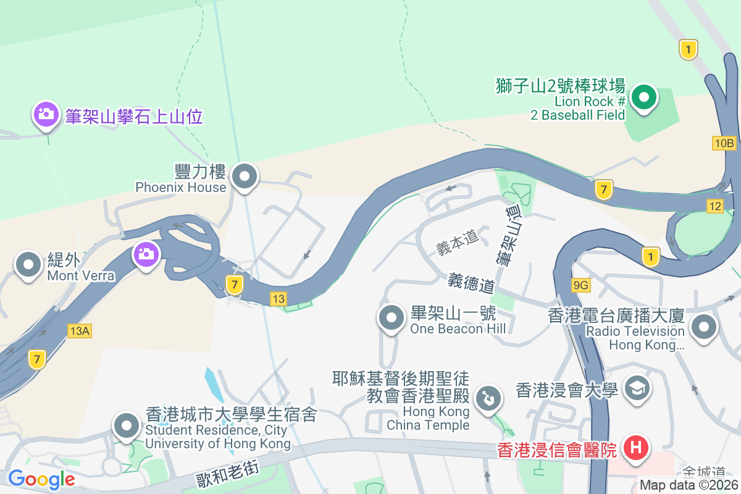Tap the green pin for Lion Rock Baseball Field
pos(644,98)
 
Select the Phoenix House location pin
pos(245,177)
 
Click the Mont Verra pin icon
pos(28,265)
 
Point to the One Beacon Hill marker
pos(391,319)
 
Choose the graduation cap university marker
pos(635,388)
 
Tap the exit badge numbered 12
pos(715,206)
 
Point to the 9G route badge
pos(581,285)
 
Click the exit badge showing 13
pos(278,299)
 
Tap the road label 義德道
pos(472,283)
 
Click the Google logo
pos(41,479)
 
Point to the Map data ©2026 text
pos(689,485)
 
